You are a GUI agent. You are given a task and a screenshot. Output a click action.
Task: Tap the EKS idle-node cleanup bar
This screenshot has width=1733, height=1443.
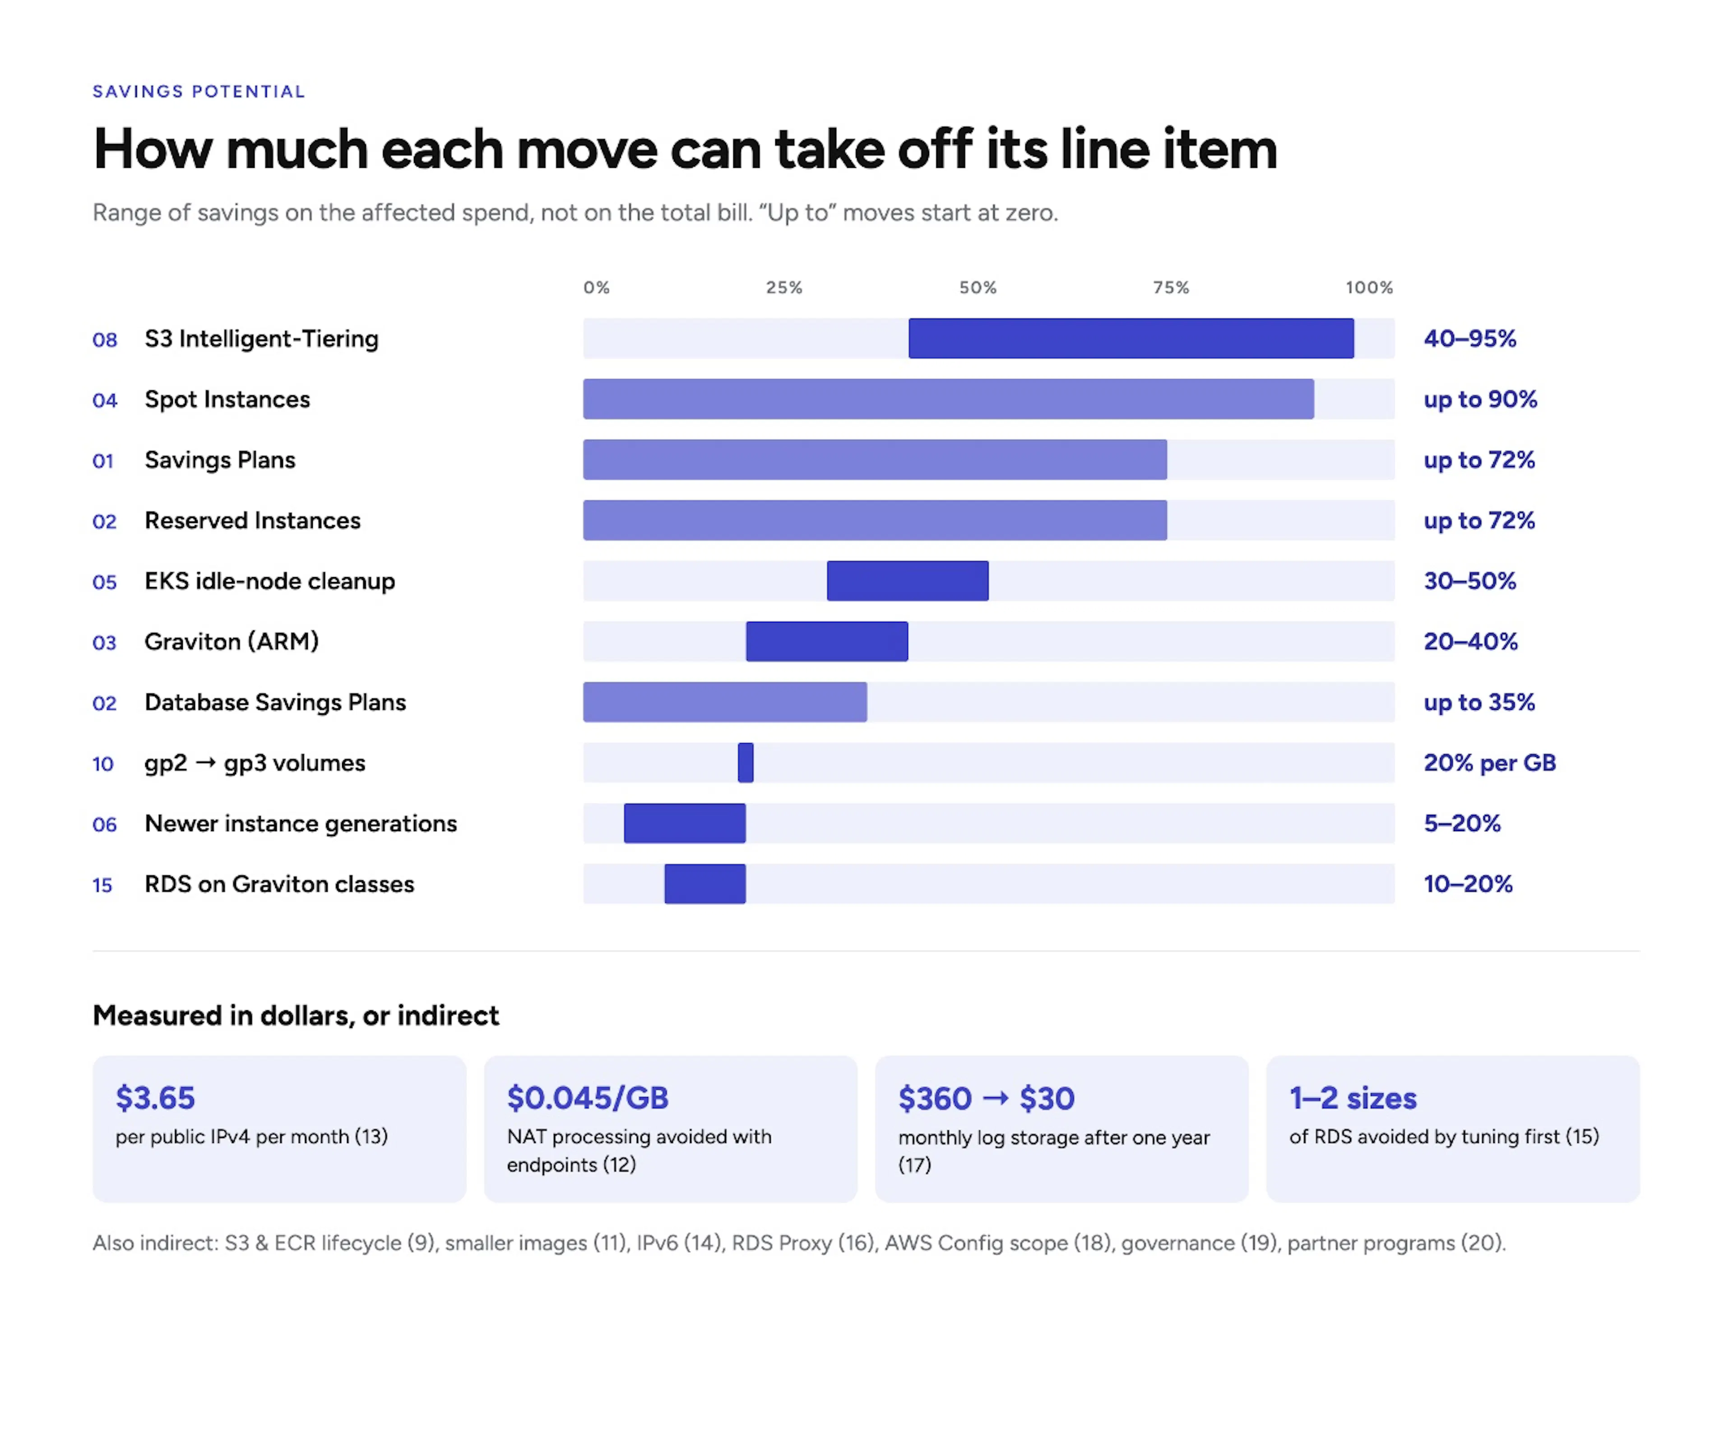(x=908, y=581)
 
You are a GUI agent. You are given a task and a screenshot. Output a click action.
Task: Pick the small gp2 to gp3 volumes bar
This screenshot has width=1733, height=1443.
(x=745, y=763)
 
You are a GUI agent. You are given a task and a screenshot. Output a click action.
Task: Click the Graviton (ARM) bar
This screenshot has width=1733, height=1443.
(x=827, y=641)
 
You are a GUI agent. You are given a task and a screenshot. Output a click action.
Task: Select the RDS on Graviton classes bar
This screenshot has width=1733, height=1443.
(x=705, y=883)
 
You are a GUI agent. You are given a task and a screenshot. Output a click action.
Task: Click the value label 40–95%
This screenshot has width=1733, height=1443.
(x=1470, y=338)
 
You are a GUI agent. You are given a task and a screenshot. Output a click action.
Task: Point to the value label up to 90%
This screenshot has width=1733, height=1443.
(x=1480, y=399)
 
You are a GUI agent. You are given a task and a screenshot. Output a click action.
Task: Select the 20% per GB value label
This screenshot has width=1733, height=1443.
(x=1490, y=763)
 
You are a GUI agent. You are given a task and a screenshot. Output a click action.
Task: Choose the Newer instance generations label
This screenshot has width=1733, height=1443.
(x=301, y=823)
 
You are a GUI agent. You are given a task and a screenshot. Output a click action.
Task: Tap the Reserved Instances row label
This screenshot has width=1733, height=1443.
(x=253, y=521)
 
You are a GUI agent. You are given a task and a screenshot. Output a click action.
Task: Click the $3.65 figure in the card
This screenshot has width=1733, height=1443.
(x=155, y=1098)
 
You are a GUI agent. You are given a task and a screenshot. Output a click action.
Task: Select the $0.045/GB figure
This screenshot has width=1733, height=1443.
(x=588, y=1098)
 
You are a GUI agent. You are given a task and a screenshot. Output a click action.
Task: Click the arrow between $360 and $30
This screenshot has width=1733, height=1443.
(x=996, y=1098)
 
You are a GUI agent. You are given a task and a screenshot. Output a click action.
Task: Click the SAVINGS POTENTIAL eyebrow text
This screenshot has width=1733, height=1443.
(x=199, y=92)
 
